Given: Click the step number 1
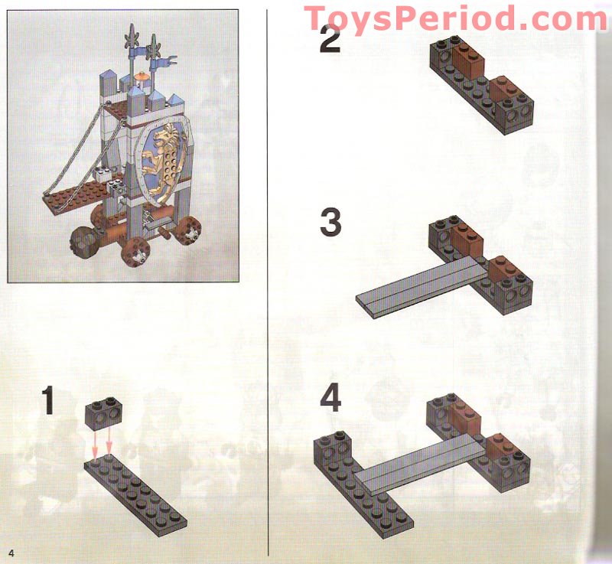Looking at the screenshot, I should tap(48, 401).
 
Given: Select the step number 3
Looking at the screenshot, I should tap(330, 223).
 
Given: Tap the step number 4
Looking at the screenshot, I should tap(330, 399).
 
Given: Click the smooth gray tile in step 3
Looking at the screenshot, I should tap(421, 287).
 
